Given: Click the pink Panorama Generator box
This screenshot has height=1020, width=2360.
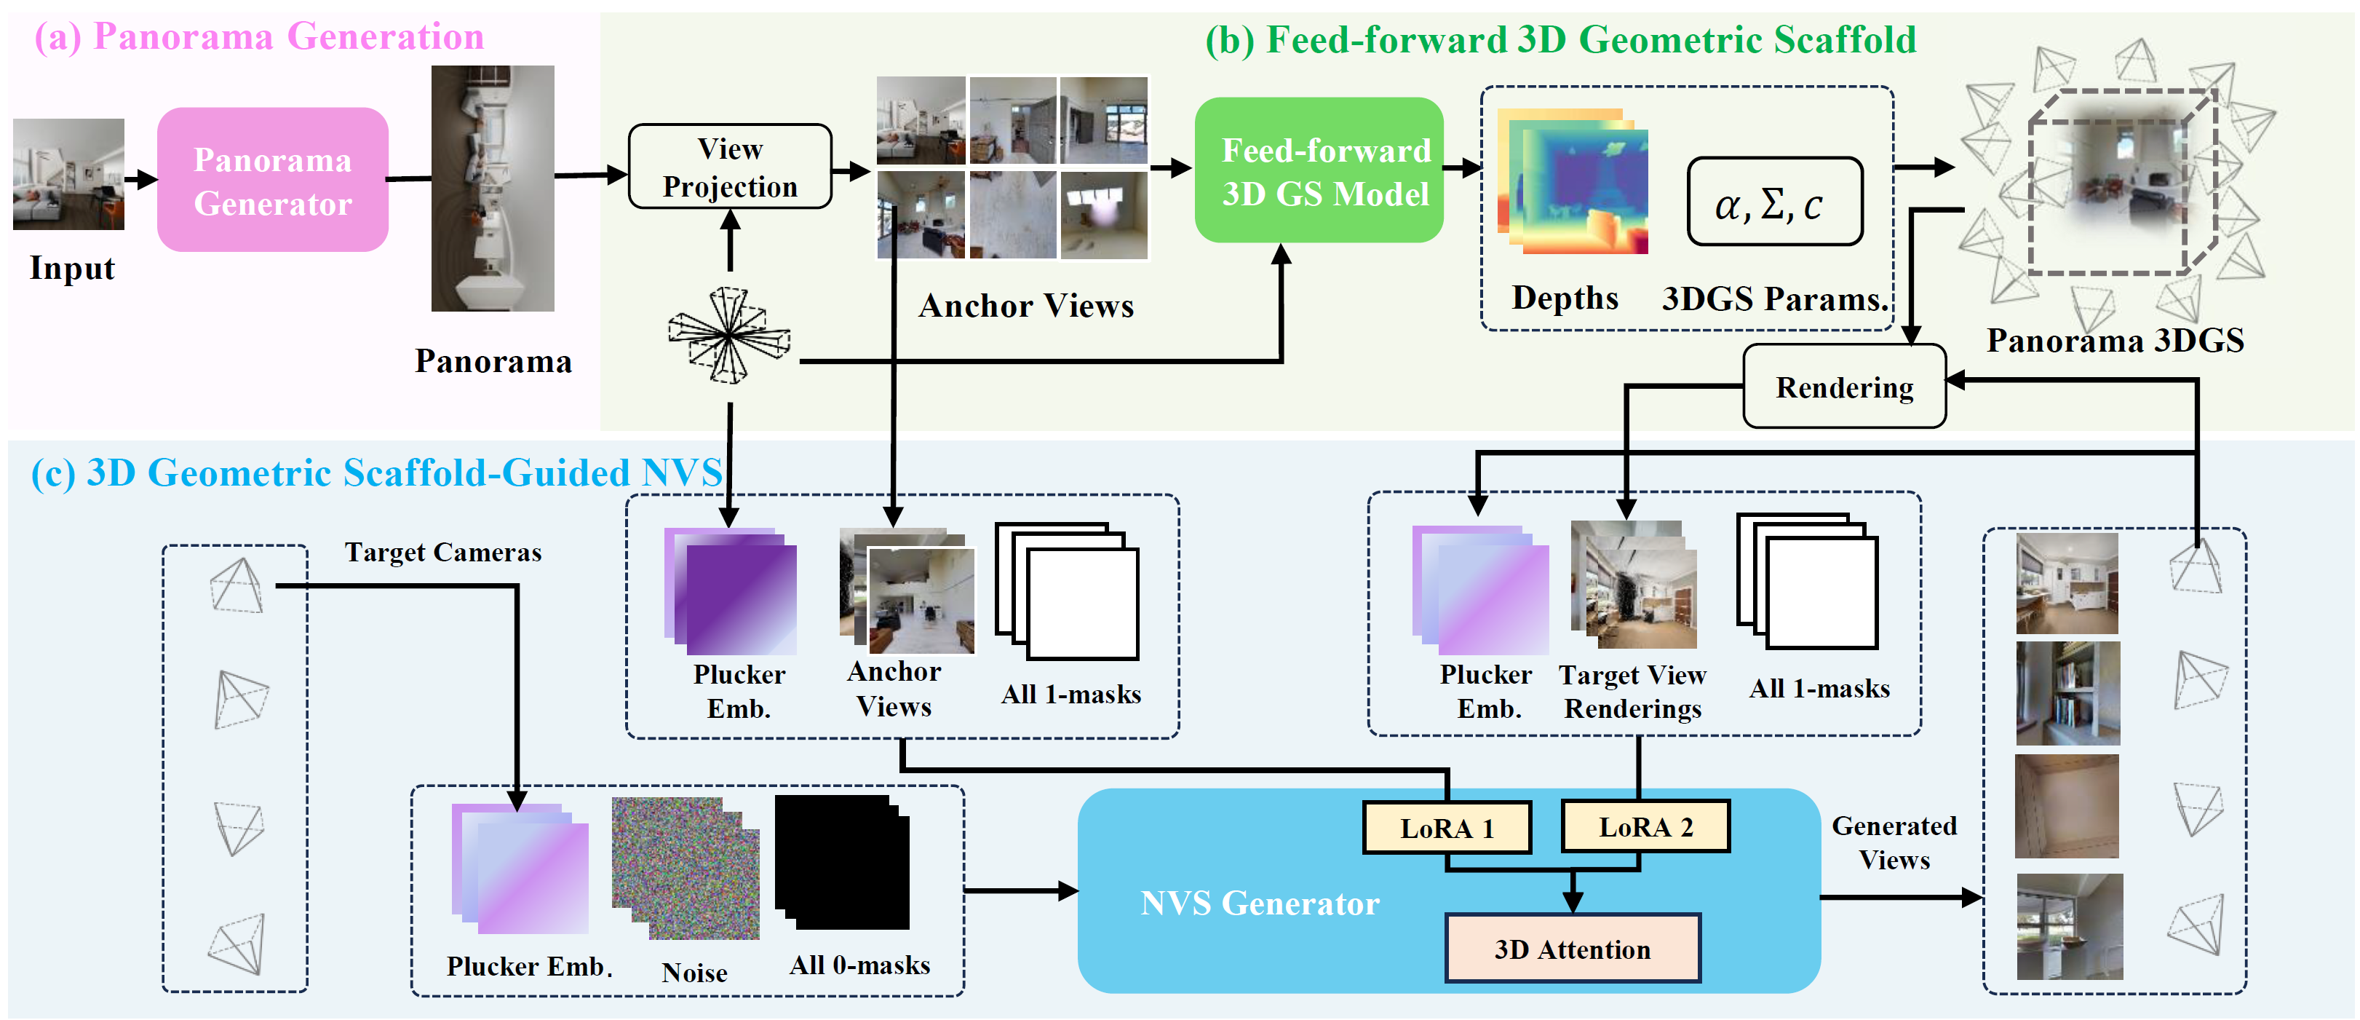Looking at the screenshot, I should [x=272, y=180].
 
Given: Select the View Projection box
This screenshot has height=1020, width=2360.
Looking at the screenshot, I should [x=729, y=167].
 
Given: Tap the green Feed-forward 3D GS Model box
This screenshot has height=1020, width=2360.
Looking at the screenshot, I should [x=1319, y=170].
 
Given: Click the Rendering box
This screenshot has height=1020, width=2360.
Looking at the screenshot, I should [x=1843, y=387].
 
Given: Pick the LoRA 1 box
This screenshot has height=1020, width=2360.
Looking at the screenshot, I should [x=1447, y=828].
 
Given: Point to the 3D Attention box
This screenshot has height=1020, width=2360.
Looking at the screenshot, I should [x=1572, y=949].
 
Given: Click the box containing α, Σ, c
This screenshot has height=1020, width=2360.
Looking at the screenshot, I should [x=1775, y=202].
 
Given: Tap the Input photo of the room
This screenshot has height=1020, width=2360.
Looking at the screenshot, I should [x=68, y=173].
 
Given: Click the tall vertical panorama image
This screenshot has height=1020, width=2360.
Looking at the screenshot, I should [x=493, y=188].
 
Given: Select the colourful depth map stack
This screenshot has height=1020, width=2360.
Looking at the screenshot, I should [x=1572, y=181].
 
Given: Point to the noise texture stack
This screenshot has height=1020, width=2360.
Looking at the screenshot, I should [x=686, y=868].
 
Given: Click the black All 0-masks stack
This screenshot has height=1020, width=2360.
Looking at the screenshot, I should [x=842, y=862].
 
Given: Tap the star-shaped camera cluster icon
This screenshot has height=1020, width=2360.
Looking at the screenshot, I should [x=728, y=336].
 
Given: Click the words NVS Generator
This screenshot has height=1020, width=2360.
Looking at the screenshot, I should [x=1259, y=904].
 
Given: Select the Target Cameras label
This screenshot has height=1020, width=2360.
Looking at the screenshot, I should [x=442, y=553].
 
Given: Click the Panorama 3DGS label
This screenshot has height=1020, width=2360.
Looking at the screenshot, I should [x=2115, y=341].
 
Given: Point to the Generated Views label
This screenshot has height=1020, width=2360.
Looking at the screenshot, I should [x=1894, y=842].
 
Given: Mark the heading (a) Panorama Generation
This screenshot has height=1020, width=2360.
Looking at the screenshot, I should [x=259, y=38].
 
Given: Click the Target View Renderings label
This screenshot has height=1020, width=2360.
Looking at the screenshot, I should [x=1632, y=692].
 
